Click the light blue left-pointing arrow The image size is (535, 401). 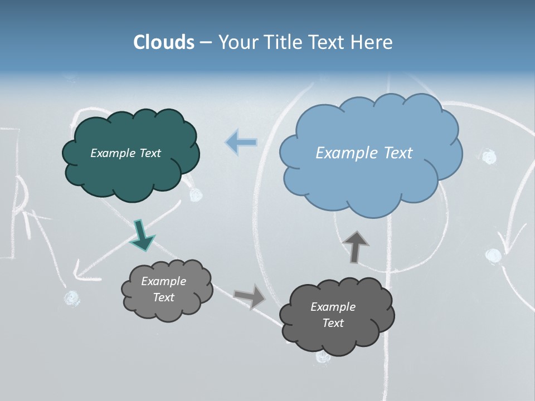point(241,143)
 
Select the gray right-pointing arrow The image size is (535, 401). point(250,296)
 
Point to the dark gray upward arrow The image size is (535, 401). point(355,247)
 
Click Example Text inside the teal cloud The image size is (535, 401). point(125,153)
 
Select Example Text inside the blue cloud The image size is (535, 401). point(364,153)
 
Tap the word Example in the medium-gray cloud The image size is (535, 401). point(163,281)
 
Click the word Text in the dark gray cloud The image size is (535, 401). point(333,323)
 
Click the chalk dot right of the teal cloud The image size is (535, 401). point(196,195)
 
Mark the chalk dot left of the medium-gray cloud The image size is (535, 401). point(71,299)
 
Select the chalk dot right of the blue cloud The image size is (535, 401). point(489,157)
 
